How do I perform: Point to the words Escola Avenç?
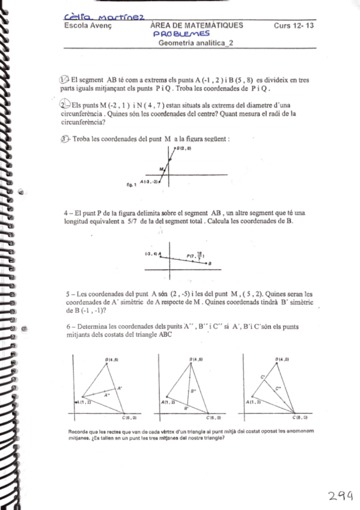[88, 26]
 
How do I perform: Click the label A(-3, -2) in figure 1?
[148, 180]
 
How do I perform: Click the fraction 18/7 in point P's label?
[200, 255]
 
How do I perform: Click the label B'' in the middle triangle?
[193, 392]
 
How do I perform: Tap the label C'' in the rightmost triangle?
[278, 389]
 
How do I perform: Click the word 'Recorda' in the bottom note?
[81, 431]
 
